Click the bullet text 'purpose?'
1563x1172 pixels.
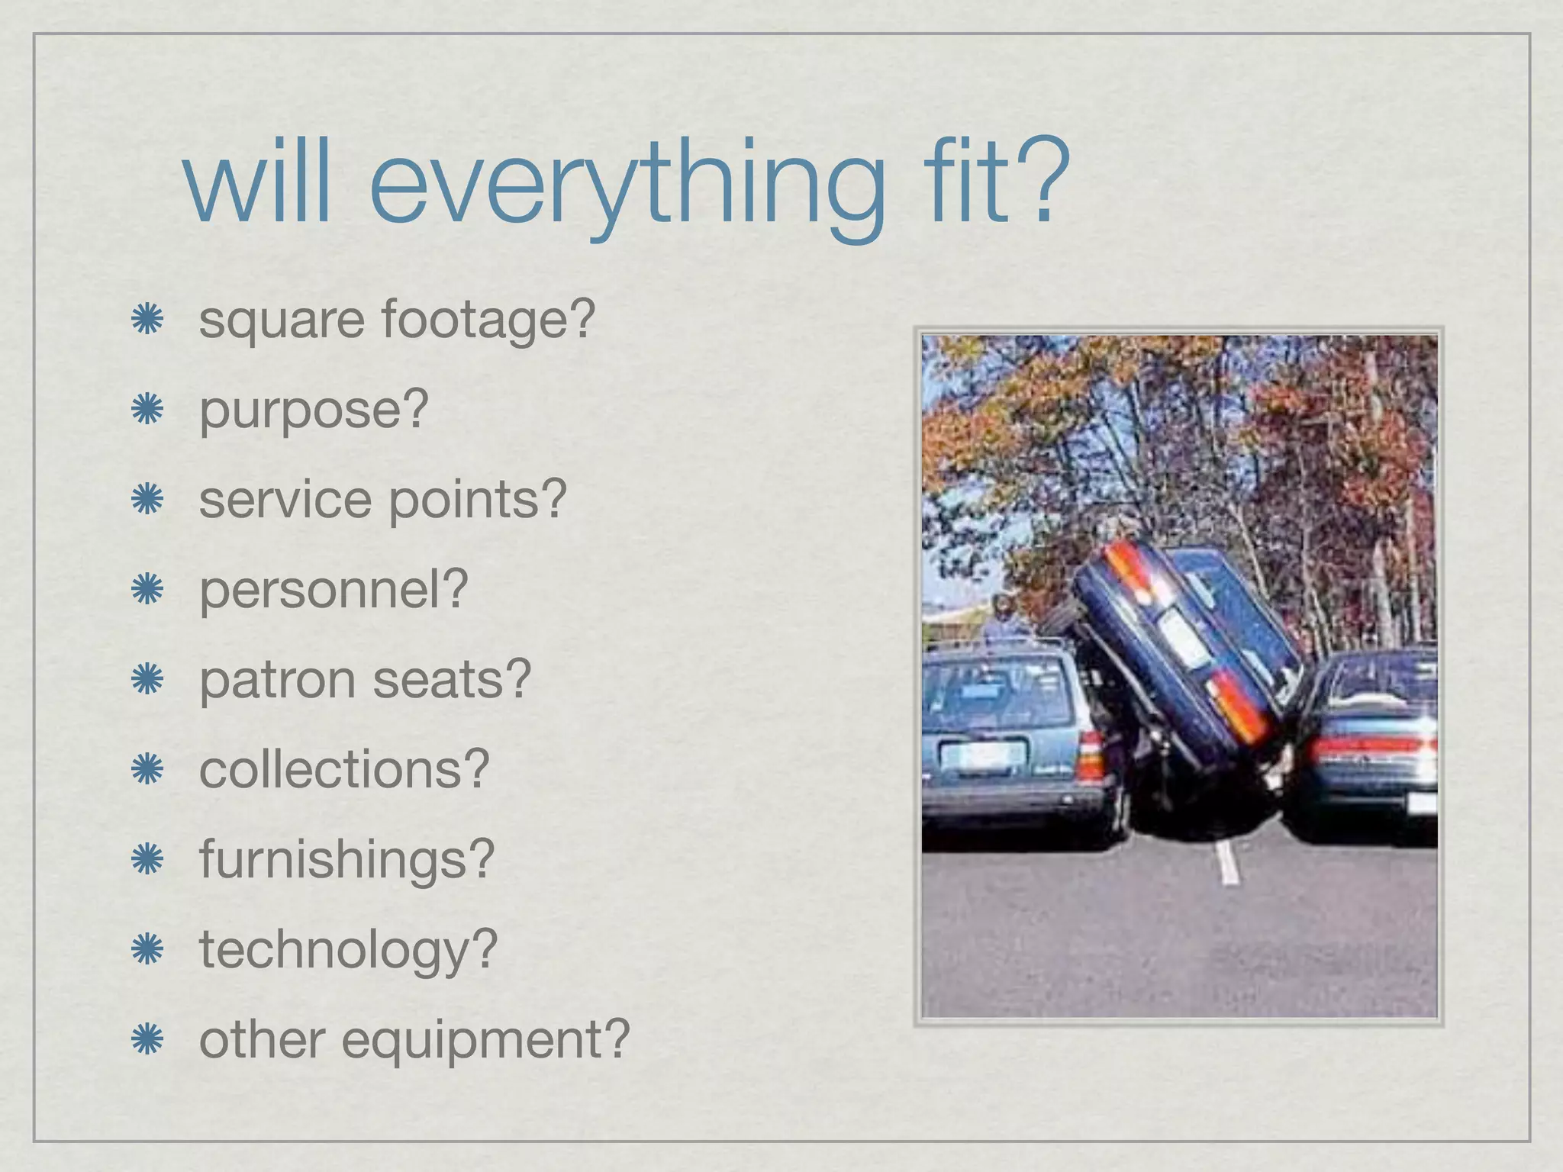tap(314, 411)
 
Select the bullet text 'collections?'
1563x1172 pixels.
tap(344, 768)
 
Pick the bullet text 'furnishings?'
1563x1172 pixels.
tap(346, 859)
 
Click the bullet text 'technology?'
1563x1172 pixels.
tap(348, 949)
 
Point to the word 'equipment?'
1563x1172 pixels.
tap(485, 1039)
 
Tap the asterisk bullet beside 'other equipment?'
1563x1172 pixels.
tap(147, 1039)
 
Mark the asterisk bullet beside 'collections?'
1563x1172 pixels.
tap(147, 768)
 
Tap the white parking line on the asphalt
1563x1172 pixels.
tap(1226, 862)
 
